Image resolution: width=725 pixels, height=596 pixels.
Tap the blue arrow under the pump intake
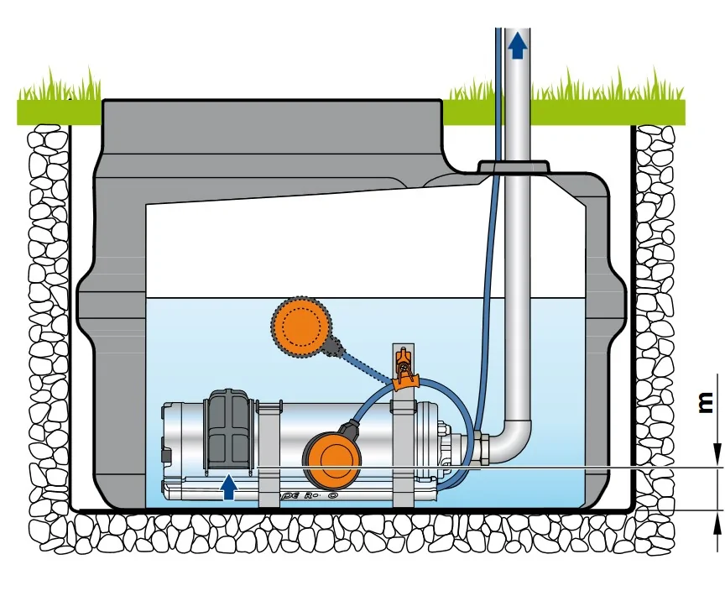pos(228,486)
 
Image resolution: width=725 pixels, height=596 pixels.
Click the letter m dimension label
pos(707,404)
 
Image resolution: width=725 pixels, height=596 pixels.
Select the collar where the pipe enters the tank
pos(513,168)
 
